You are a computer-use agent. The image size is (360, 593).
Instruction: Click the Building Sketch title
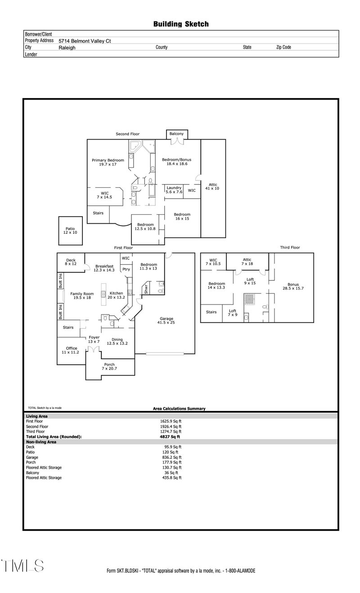pyautogui.click(x=180, y=24)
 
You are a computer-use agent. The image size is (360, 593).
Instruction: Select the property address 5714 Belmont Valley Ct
pyautogui.click(x=85, y=41)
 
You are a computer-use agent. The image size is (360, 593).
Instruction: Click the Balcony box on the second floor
pyautogui.click(x=176, y=134)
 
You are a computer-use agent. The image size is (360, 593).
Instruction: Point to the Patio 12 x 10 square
pyautogui.click(x=70, y=231)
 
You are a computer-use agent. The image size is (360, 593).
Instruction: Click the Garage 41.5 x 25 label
pyautogui.click(x=166, y=320)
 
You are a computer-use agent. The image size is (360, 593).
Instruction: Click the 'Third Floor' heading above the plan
pyautogui.click(x=290, y=247)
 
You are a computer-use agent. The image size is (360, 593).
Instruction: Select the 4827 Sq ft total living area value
pyautogui.click(x=167, y=437)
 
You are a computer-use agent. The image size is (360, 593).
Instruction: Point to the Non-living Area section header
pyautogui.click(x=41, y=442)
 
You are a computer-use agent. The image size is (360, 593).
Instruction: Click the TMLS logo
pyautogui.click(x=22, y=566)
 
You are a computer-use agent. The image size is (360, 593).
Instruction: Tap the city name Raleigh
pyautogui.click(x=67, y=47)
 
